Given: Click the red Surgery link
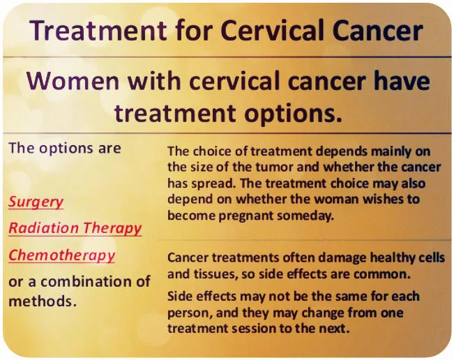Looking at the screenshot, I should click(36, 202).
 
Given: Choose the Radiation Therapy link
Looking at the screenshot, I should click(75, 228).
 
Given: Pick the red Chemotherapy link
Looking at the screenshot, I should click(61, 255).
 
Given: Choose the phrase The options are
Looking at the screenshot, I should click(64, 148).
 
